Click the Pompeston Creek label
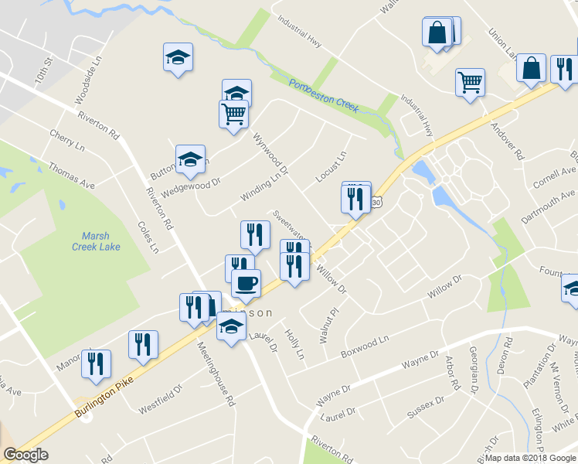point(324,96)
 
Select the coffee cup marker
point(246,283)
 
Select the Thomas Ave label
point(71,175)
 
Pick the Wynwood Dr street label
point(270,152)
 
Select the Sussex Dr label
point(427,410)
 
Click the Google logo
point(26,455)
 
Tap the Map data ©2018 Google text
point(528,458)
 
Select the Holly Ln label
point(295,346)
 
